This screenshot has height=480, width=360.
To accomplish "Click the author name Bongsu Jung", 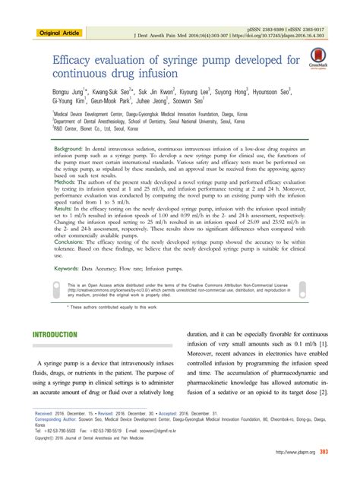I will click(x=71, y=90).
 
